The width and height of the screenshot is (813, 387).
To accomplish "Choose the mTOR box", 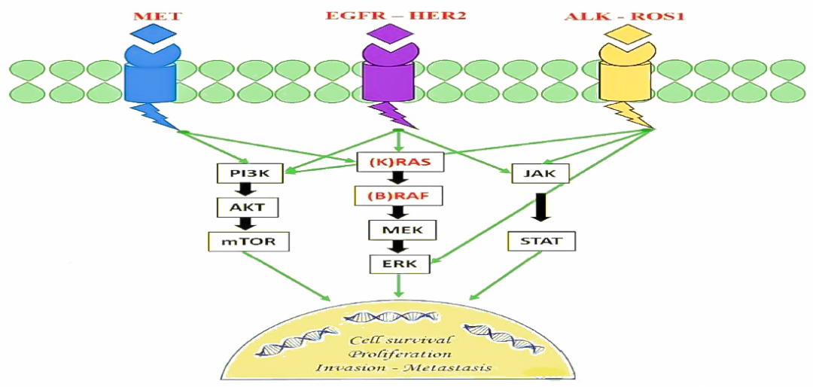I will [248, 242].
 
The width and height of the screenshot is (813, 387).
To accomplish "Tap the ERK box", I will [399, 264].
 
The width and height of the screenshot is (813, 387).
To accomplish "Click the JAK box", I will [540, 175].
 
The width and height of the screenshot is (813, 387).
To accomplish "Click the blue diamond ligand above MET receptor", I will [151, 33].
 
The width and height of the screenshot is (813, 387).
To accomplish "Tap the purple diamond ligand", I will [394, 33].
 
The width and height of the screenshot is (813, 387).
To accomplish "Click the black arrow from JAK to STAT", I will [540, 208].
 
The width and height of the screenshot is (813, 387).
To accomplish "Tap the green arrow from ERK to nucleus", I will [400, 285].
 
